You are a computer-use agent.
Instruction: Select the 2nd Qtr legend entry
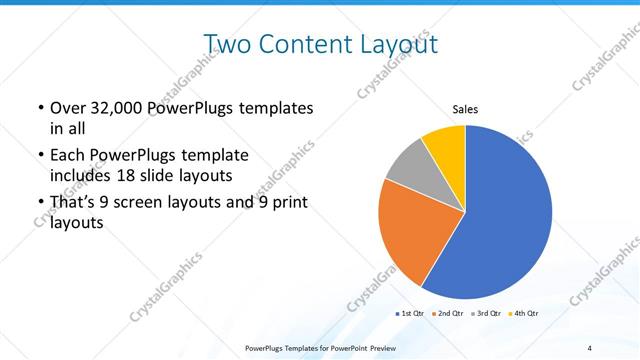coord(451,314)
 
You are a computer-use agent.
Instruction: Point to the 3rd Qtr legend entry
coord(488,314)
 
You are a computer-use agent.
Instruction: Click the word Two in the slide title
coord(226,44)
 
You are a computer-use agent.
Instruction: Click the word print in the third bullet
coord(286,203)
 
